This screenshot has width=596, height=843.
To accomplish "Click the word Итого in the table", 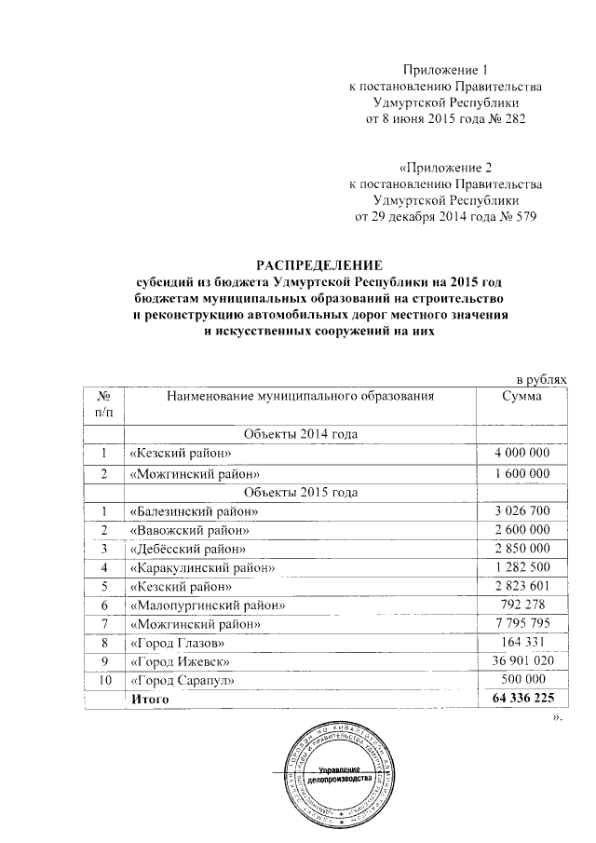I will point(149,700).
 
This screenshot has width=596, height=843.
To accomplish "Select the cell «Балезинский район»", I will point(194,510).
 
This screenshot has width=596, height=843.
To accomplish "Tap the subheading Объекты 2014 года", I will point(300,434).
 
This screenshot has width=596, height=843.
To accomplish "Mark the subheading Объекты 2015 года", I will point(300,492).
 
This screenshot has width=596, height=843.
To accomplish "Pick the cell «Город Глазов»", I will point(177,643).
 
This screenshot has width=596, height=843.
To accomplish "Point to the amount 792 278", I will point(526,605).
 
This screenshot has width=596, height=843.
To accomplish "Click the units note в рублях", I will point(541,379).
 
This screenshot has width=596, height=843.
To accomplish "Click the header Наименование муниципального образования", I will point(301,398).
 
